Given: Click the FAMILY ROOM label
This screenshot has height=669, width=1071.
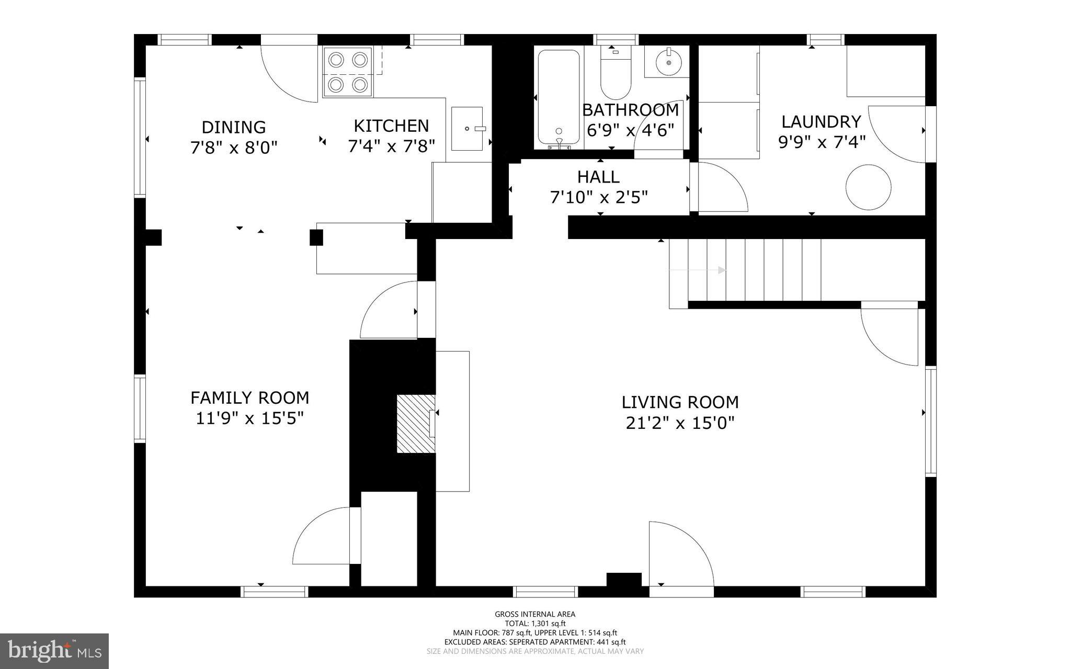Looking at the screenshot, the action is pyautogui.click(x=249, y=398).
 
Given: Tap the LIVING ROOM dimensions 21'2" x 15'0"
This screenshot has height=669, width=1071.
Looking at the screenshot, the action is pyautogui.click(x=680, y=423).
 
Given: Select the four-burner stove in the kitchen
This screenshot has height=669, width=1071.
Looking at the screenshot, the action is pyautogui.click(x=348, y=72).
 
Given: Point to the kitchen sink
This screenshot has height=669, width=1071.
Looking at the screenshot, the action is pyautogui.click(x=467, y=129).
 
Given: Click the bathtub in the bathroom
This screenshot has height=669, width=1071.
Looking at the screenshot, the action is pyautogui.click(x=559, y=98).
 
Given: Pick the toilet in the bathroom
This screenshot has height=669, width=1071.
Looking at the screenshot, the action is pyautogui.click(x=616, y=73).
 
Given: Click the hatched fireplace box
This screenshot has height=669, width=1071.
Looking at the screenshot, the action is pyautogui.click(x=416, y=424).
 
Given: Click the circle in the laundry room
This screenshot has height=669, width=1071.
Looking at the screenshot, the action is pyautogui.click(x=869, y=187).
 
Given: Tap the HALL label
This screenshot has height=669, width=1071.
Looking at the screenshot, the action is pyautogui.click(x=598, y=177).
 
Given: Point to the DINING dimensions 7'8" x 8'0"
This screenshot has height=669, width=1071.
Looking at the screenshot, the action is pyautogui.click(x=233, y=148).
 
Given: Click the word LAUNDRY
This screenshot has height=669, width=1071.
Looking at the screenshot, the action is pyautogui.click(x=821, y=122).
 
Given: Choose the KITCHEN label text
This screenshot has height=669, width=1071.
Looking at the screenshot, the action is pyautogui.click(x=391, y=126).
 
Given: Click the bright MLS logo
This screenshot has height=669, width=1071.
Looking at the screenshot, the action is pyautogui.click(x=54, y=651).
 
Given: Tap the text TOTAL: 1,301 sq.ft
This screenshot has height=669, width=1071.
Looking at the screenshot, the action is pyautogui.click(x=535, y=623).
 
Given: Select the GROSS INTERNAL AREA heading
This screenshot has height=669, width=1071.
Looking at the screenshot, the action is pyautogui.click(x=535, y=615).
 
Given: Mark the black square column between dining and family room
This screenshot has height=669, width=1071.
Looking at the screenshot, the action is pyautogui.click(x=316, y=237).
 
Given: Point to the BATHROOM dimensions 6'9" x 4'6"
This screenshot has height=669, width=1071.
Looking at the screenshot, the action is pyautogui.click(x=630, y=130).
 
